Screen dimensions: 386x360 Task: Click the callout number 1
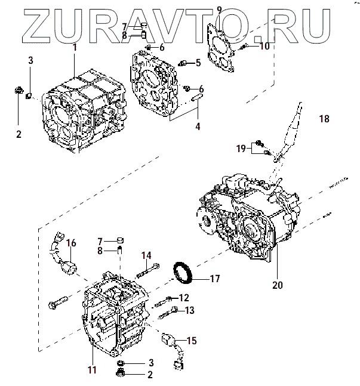click(75, 48)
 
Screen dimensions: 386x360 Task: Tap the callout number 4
click(198, 126)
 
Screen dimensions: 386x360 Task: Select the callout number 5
click(198, 61)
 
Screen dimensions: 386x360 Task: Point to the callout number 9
click(219, 9)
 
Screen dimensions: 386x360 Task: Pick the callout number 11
click(92, 370)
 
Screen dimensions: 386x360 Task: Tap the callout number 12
click(183, 298)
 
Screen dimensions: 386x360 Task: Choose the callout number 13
click(189, 310)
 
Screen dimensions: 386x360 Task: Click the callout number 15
click(191, 341)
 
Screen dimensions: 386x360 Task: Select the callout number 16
click(71, 243)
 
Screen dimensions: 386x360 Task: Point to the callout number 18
click(324, 119)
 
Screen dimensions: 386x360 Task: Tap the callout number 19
click(241, 148)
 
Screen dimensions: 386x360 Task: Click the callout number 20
click(277, 285)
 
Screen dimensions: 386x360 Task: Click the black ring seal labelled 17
click(184, 272)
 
